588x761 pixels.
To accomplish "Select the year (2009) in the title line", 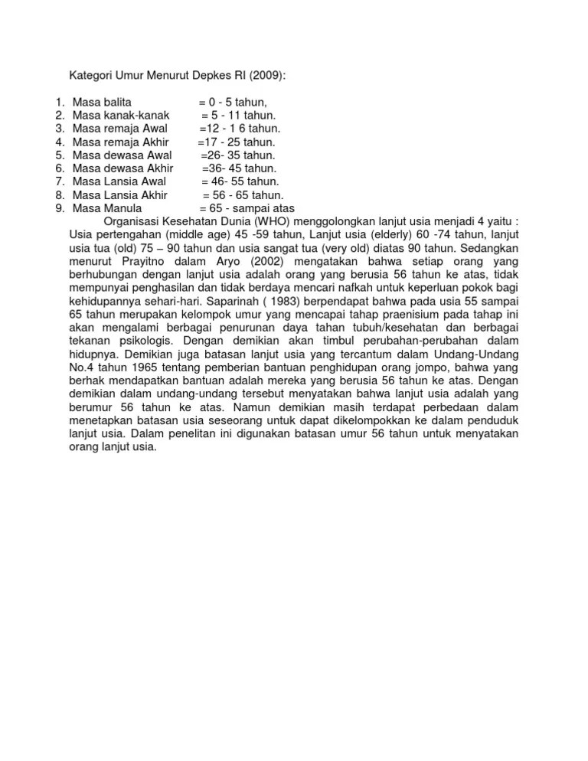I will coord(268,75).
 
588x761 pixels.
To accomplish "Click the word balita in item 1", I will coord(116,102).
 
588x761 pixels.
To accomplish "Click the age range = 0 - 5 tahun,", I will coord(232,102).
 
